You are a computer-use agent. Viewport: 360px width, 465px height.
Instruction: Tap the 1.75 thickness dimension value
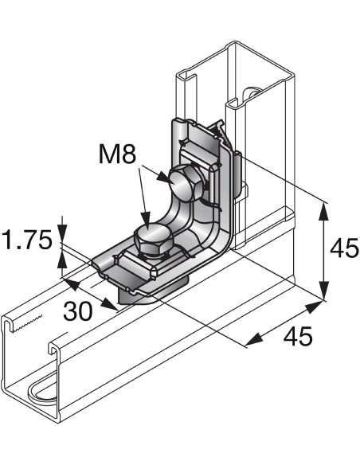click(27, 240)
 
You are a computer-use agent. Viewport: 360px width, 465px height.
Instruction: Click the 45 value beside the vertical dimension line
click(345, 249)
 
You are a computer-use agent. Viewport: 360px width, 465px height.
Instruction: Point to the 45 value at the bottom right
click(297, 336)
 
